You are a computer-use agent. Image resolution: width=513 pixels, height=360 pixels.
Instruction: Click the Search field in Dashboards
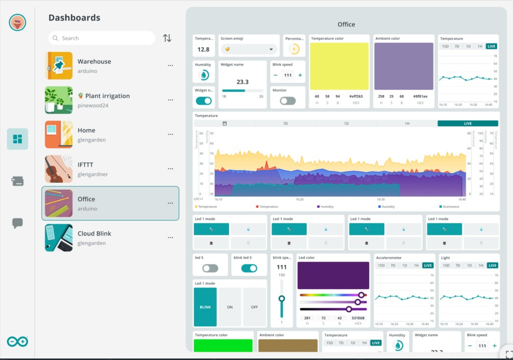(103, 38)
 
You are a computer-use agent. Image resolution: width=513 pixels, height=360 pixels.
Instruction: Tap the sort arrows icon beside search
(167, 38)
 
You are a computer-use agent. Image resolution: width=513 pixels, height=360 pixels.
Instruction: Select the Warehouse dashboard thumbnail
(59, 66)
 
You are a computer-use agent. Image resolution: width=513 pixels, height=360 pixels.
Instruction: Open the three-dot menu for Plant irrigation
(170, 100)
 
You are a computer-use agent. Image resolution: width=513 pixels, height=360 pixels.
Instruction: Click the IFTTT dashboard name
(85, 165)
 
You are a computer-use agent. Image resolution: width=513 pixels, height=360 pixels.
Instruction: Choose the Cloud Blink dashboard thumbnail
(59, 238)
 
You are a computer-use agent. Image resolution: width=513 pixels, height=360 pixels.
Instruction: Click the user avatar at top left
(18, 22)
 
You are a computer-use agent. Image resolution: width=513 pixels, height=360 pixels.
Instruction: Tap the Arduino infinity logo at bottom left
(18, 341)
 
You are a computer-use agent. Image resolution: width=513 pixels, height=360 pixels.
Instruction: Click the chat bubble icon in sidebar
(18, 223)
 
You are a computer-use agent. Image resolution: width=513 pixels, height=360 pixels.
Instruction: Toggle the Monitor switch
(288, 101)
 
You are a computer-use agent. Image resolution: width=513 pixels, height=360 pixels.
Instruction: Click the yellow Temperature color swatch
(339, 66)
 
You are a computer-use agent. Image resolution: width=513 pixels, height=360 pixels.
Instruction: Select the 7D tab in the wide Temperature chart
(285, 123)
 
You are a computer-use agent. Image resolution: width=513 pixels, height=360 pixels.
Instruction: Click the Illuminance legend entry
(450, 206)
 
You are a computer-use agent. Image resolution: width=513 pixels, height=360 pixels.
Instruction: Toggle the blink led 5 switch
(249, 268)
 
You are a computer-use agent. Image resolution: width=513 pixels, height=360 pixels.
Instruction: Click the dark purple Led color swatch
(333, 275)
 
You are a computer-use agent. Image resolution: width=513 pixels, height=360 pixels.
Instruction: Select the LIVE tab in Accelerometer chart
(428, 265)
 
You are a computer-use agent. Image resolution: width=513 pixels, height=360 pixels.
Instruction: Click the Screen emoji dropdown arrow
(271, 49)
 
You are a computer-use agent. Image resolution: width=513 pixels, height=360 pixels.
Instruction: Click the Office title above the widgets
(346, 24)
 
